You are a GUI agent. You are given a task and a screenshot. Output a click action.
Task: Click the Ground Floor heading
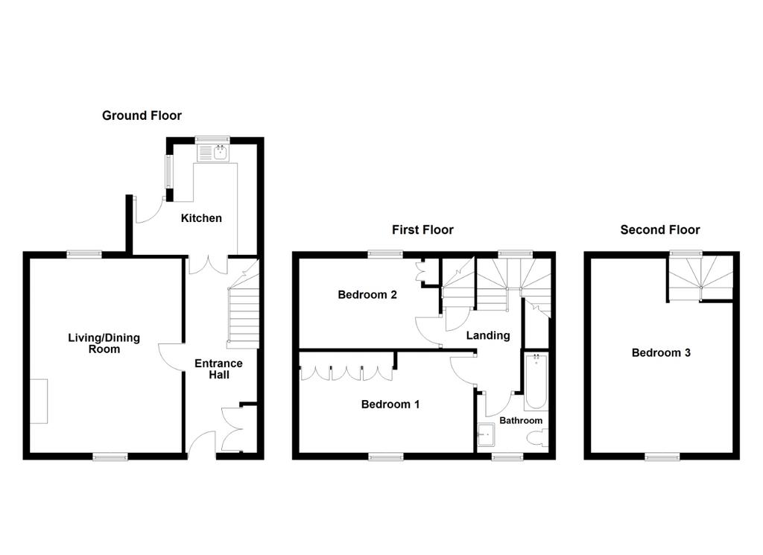[x=142, y=115]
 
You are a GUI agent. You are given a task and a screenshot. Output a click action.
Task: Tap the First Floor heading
[x=422, y=229]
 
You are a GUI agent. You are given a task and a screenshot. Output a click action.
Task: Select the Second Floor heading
[x=660, y=229]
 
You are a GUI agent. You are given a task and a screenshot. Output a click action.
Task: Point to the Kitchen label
[x=201, y=218]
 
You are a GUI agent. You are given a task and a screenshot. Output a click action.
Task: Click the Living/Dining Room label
[x=104, y=343]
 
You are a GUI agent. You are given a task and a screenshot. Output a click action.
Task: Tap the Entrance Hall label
[x=218, y=370]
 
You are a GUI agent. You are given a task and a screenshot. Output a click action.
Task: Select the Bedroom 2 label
[x=367, y=295]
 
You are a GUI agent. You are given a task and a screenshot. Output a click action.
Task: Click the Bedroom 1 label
[x=390, y=405]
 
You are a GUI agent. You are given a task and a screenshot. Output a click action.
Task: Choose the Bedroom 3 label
[x=661, y=352]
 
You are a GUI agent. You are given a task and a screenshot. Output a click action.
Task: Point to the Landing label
[x=487, y=336]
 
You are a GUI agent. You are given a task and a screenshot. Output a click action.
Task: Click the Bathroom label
[x=521, y=421]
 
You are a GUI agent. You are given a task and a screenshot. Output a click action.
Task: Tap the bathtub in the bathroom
[x=536, y=382]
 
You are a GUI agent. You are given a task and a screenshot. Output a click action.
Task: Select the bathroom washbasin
[x=486, y=434]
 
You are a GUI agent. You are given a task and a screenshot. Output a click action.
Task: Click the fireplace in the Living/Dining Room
[x=39, y=402]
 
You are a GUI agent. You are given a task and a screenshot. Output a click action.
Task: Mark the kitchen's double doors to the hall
[x=208, y=264]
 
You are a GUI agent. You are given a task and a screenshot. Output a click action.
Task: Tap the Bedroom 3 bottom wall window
[x=662, y=457]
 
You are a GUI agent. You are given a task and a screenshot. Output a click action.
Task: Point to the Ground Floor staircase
[x=243, y=304]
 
